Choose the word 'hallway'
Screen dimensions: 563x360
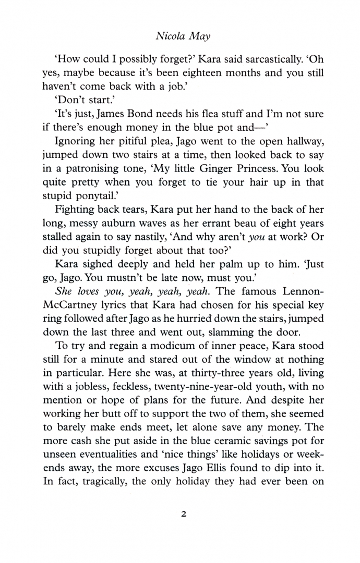303,141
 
